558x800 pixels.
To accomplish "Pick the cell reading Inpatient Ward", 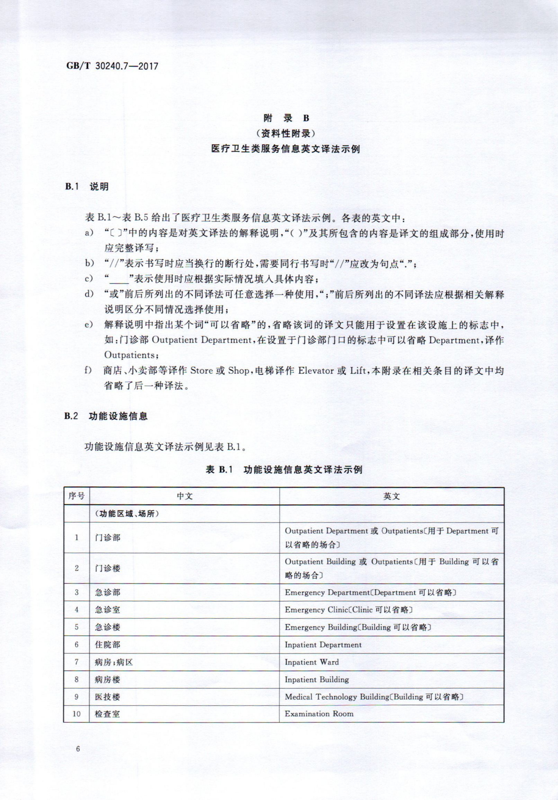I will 312,662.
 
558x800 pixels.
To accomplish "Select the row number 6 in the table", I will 77,645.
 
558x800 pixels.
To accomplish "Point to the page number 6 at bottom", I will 77,749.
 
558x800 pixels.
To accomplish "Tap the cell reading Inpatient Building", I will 316,679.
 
